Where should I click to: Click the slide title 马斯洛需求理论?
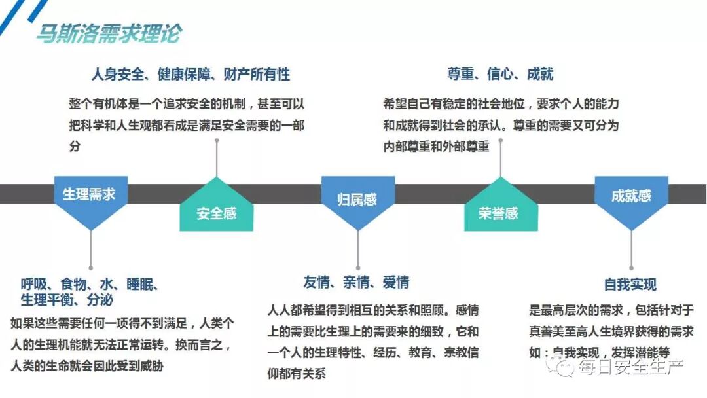point(108,33)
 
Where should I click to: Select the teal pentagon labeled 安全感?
point(216,211)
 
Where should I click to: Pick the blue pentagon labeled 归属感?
point(357,198)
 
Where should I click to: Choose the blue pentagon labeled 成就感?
point(630,196)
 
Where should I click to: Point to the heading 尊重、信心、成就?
point(500,74)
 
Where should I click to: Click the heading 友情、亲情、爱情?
point(356,282)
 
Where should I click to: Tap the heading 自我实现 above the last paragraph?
point(630,285)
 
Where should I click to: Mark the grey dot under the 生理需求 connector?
point(90,267)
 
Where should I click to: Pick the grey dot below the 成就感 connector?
point(631,267)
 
